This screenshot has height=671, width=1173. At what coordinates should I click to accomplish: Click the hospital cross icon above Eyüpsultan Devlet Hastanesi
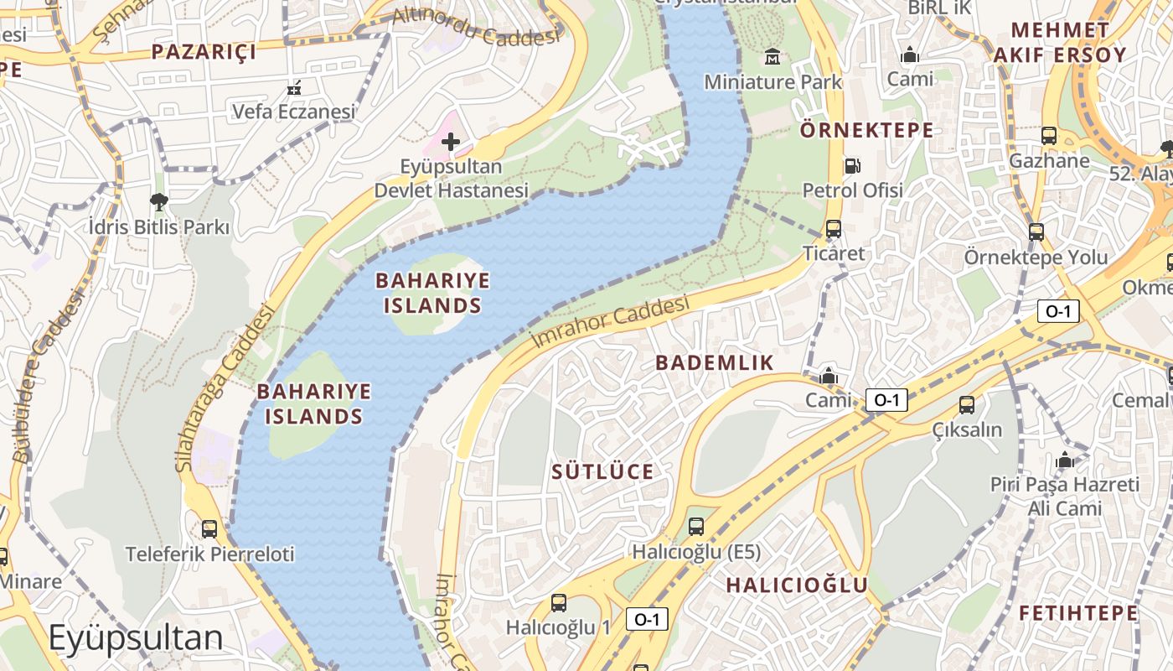[x=450, y=142]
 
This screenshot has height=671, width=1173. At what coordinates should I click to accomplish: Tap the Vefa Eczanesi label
[x=293, y=111]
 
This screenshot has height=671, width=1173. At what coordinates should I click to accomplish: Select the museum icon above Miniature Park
[x=772, y=57]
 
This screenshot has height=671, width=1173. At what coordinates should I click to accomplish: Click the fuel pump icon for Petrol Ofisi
[x=852, y=166]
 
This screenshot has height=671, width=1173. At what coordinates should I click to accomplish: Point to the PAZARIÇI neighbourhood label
[x=203, y=52]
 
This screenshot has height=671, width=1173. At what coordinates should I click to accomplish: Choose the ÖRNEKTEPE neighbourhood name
[x=866, y=130]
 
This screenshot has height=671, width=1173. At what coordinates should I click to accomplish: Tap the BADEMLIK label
[x=714, y=362]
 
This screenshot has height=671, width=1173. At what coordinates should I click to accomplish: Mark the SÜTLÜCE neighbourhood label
[x=602, y=471]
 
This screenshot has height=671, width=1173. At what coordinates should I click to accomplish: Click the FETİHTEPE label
[x=1078, y=613]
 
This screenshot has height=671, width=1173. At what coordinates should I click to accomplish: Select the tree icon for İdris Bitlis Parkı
[x=158, y=201]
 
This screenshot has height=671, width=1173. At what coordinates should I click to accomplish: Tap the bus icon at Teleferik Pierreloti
[x=209, y=529]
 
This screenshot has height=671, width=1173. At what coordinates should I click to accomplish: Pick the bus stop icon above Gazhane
[x=1048, y=135]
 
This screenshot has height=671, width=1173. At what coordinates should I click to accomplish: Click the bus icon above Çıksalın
[x=967, y=405]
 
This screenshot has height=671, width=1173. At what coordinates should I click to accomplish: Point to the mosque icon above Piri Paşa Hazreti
[x=1065, y=460]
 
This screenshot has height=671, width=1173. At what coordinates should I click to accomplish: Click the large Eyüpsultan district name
[x=136, y=638]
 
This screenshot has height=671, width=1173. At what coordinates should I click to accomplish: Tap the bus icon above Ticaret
[x=833, y=228]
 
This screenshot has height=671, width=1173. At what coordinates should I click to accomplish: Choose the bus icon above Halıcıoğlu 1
[x=558, y=602]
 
